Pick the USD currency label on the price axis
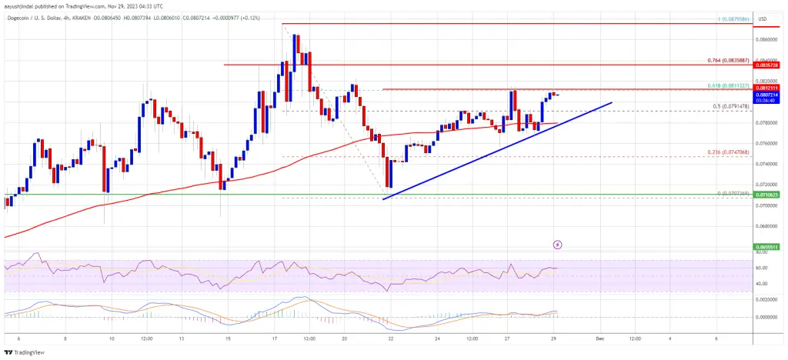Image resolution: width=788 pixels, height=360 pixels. (771, 18)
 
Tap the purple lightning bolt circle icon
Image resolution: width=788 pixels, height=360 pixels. (557, 245)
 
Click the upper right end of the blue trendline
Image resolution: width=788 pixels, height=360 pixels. (612, 102)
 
